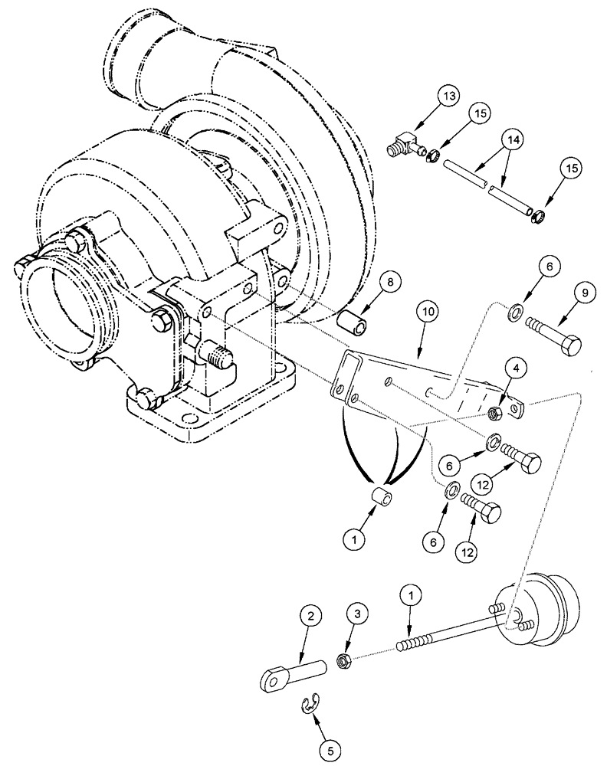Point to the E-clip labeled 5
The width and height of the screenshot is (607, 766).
308,702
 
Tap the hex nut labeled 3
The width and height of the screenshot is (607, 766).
345,658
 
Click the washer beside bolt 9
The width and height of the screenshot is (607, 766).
518,312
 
